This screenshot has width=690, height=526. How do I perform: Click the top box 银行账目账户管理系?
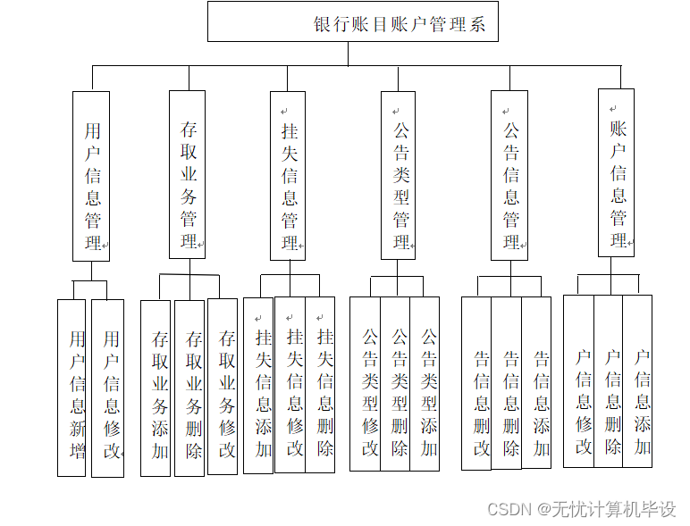coord(352,21)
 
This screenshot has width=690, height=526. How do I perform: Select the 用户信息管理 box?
coord(91,176)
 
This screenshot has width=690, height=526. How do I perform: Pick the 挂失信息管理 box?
coord(288,175)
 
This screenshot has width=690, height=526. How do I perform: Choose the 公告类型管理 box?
coord(399,175)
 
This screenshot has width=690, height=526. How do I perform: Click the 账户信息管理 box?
coord(616,172)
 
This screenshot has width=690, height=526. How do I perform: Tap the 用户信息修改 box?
coord(108,388)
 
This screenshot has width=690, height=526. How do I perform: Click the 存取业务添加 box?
coord(156,388)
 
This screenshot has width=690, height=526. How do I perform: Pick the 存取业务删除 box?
coord(189,388)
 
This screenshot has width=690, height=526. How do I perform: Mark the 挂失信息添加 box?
coord(258,385)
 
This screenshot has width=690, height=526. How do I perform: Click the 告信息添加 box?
coord(536,382)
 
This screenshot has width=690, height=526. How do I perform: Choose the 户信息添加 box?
coord(637,380)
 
